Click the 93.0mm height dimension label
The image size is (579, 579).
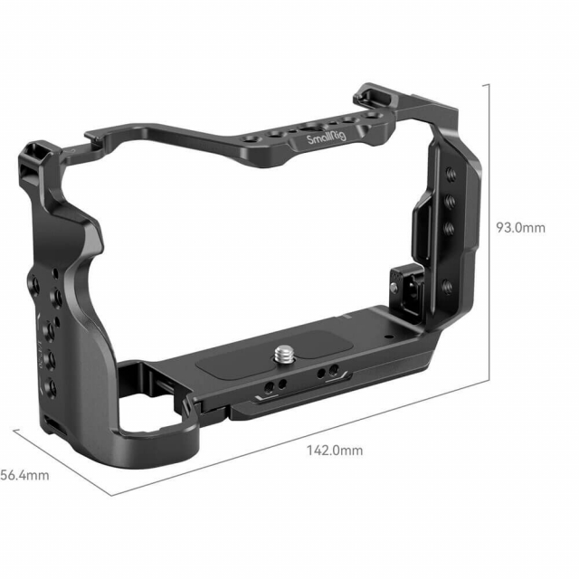point(520,228)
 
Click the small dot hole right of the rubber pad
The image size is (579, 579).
point(386,335)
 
